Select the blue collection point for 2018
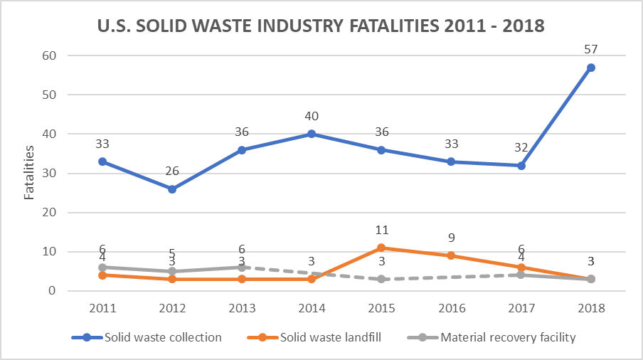(x=590, y=68)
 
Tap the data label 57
(x=590, y=49)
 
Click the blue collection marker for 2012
(x=172, y=189)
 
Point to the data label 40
(x=312, y=116)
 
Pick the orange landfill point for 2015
(x=381, y=248)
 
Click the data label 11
(x=381, y=231)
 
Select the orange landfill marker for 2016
(x=451, y=255)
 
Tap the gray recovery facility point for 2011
(x=102, y=268)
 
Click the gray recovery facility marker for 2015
(x=381, y=279)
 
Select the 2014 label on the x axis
(x=312, y=307)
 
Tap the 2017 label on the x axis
(x=521, y=307)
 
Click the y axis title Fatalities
(x=30, y=173)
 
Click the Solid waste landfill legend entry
(x=327, y=337)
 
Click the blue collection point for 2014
(x=312, y=134)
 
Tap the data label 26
(x=172, y=171)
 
